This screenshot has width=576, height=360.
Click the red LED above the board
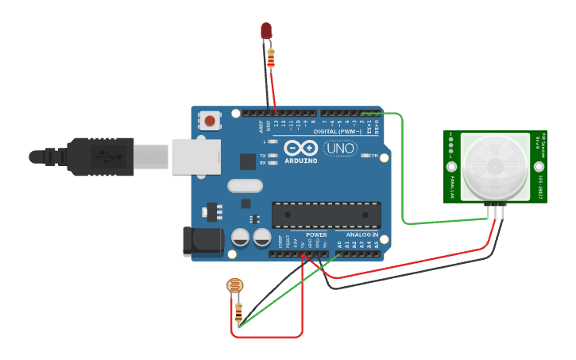(x=266, y=30)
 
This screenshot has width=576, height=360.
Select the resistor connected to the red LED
(x=271, y=57)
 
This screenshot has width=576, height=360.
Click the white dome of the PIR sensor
(x=494, y=165)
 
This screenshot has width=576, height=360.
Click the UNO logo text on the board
(x=339, y=149)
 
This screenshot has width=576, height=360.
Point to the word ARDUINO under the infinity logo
(x=300, y=161)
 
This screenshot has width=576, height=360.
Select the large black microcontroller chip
(x=326, y=215)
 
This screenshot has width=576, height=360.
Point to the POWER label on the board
(x=316, y=235)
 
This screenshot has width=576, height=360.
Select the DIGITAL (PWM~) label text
(x=337, y=131)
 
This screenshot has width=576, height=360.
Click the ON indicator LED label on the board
(x=374, y=156)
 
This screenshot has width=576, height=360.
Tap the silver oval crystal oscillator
(x=245, y=186)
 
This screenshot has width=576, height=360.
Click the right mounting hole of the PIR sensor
(x=539, y=167)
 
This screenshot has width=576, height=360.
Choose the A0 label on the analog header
(x=339, y=245)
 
